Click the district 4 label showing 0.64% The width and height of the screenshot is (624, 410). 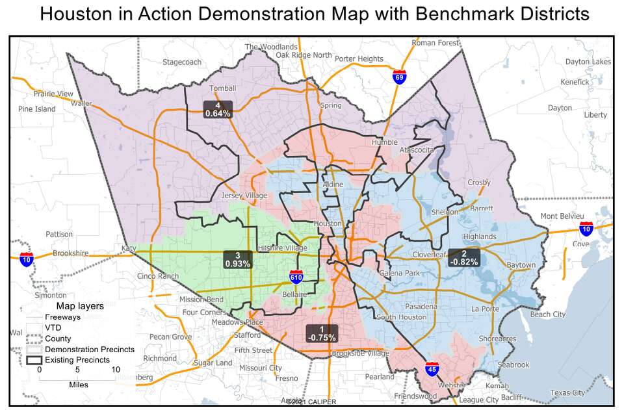tap(218, 109)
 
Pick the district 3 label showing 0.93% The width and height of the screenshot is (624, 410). tap(237, 259)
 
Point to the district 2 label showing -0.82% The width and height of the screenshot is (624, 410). tap(463, 257)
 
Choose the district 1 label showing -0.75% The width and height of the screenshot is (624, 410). tap(322, 333)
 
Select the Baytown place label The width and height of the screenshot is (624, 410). tap(521, 265)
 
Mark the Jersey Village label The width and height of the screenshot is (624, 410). tap(244, 196)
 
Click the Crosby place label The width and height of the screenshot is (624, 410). tap(478, 183)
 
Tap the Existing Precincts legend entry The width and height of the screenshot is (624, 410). tap(73, 359)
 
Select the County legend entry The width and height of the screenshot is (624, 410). tap(58, 339)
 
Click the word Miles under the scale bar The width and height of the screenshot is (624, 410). tap(78, 385)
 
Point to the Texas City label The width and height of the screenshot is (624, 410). tap(567, 392)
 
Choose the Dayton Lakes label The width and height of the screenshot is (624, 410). tap(588, 62)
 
